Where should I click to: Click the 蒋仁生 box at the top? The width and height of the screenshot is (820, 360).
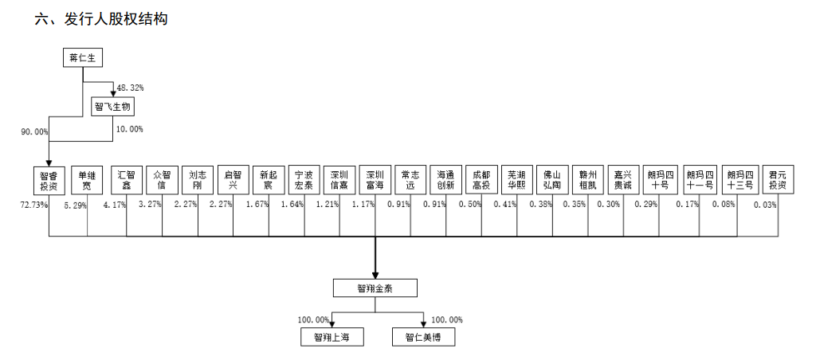coord(84,58)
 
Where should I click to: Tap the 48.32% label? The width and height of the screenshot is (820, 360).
coord(130,87)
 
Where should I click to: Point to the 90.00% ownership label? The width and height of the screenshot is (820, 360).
coord(35,131)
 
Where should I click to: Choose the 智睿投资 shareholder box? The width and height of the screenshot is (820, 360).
coord(49,180)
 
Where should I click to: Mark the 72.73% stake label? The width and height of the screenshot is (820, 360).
coord(33,205)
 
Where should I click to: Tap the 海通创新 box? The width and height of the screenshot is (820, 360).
coord(445,180)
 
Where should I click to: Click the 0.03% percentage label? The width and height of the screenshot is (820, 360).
coord(766,205)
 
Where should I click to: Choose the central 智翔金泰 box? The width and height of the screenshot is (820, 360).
coord(375,288)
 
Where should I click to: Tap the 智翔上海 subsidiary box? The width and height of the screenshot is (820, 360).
coord(332,338)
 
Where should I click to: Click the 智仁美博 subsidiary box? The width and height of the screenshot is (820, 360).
coord(423,338)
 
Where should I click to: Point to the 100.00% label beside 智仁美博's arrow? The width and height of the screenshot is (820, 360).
coord(446,320)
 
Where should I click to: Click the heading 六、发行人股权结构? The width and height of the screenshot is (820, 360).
coord(100,19)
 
